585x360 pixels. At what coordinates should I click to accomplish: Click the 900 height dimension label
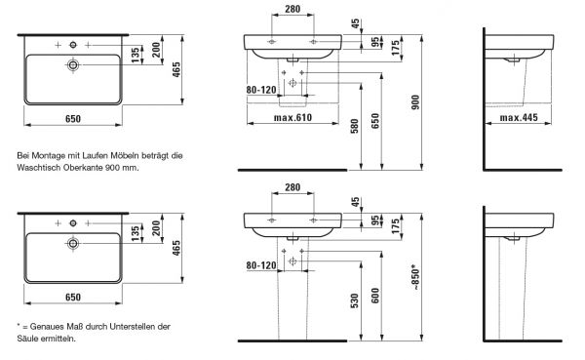pyautogui.click(x=415, y=102)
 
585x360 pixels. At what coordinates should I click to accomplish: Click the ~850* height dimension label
pyautogui.click(x=415, y=277)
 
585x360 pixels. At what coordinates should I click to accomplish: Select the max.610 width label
pyautogui.click(x=292, y=118)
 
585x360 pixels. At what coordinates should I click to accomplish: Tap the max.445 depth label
pyautogui.click(x=519, y=118)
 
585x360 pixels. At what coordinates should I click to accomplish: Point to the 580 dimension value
pyautogui.click(x=355, y=126)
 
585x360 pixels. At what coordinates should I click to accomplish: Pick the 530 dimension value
pyautogui.click(x=355, y=300)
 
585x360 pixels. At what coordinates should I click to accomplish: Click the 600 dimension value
pyautogui.click(x=375, y=296)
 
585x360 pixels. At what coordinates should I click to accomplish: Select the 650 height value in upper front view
pyautogui.click(x=375, y=121)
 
